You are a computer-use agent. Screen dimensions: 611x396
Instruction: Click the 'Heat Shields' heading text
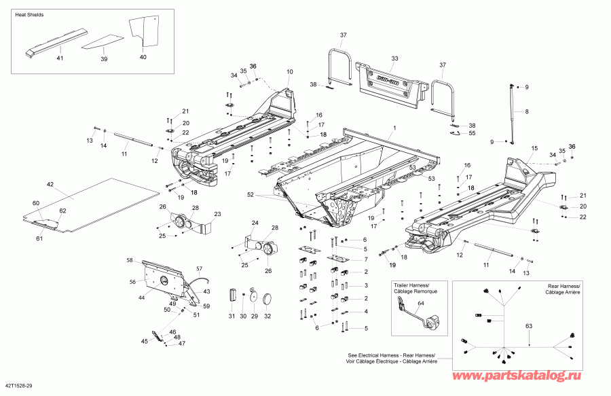pyautogui.click(x=29, y=15)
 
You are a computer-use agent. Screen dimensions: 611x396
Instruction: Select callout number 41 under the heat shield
pyautogui.click(x=60, y=58)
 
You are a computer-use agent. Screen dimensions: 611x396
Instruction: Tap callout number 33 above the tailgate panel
pyautogui.click(x=394, y=58)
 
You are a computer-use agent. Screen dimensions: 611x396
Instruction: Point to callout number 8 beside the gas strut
pyautogui.click(x=527, y=111)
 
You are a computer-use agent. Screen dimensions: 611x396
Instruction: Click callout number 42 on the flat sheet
pyautogui.click(x=50, y=184)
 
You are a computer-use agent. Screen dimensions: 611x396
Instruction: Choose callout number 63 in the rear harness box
pyautogui.click(x=529, y=326)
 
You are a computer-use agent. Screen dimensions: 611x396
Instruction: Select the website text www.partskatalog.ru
pyautogui.click(x=517, y=376)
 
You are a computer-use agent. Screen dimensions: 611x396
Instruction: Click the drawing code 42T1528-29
pyautogui.click(x=19, y=386)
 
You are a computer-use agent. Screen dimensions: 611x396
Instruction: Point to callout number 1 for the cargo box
pyautogui.click(x=394, y=128)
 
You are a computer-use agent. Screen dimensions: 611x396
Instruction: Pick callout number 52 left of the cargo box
pyautogui.click(x=251, y=194)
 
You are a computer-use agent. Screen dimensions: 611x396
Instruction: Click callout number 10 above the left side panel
pyautogui.click(x=289, y=72)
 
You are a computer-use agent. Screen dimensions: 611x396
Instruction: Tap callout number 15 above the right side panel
pyautogui.click(x=534, y=148)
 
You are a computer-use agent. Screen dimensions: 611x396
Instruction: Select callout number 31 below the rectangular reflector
pyautogui.click(x=232, y=316)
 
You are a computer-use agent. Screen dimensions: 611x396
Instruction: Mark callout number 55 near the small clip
pyautogui.click(x=473, y=133)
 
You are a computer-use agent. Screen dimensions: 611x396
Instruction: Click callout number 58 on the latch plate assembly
pyautogui.click(x=130, y=260)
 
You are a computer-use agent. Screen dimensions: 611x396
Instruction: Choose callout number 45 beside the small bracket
pyautogui.click(x=145, y=342)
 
